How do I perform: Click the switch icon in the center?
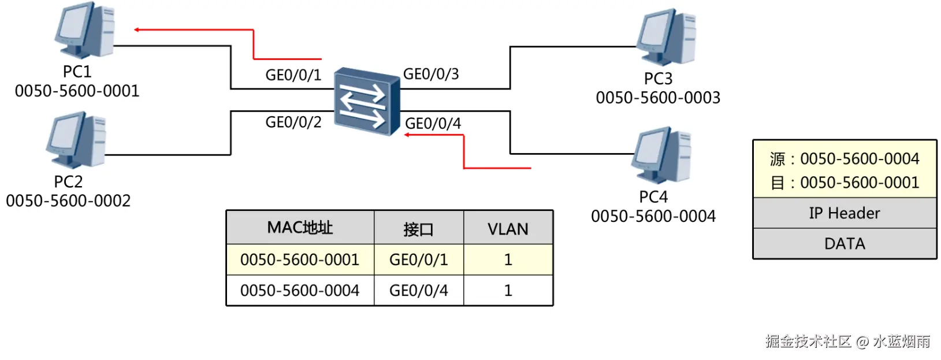pos(367,101)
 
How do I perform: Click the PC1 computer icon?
pos(85,30)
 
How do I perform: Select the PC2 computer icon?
pos(77,140)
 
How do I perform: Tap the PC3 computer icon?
pos(667,36)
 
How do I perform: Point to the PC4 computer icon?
pos(663,155)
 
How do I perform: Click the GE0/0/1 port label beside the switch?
pos(293,75)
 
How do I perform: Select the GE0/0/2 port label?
pos(293,123)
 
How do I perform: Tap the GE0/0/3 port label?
pos(431,74)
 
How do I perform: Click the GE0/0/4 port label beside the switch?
pos(433,124)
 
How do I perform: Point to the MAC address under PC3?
pos(658,98)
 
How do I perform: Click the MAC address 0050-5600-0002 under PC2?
pos(68,201)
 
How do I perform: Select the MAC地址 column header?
pos(300,228)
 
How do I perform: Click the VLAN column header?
pos(508,229)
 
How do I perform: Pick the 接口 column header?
pos(418,229)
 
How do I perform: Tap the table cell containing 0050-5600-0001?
pos(300,260)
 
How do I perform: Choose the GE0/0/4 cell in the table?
pos(418,291)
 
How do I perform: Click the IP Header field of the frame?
pos(844,213)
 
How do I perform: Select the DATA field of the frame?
pos(844,244)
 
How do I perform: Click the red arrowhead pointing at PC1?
pos(137,29)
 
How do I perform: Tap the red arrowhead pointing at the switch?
pos(407,135)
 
